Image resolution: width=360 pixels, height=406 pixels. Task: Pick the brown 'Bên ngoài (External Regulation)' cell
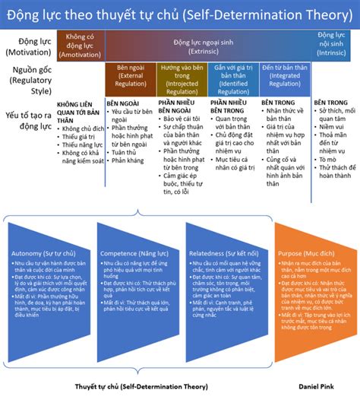[x=130, y=76]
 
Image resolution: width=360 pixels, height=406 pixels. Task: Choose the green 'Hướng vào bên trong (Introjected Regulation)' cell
[x=181, y=76]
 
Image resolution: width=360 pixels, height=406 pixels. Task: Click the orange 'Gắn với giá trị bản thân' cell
[x=232, y=76]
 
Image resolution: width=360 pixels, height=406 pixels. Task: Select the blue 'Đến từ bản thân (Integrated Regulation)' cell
[x=284, y=76]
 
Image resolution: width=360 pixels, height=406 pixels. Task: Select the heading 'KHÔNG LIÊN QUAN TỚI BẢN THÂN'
[x=79, y=112]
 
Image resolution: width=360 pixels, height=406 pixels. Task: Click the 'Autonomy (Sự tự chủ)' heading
[x=43, y=252]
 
